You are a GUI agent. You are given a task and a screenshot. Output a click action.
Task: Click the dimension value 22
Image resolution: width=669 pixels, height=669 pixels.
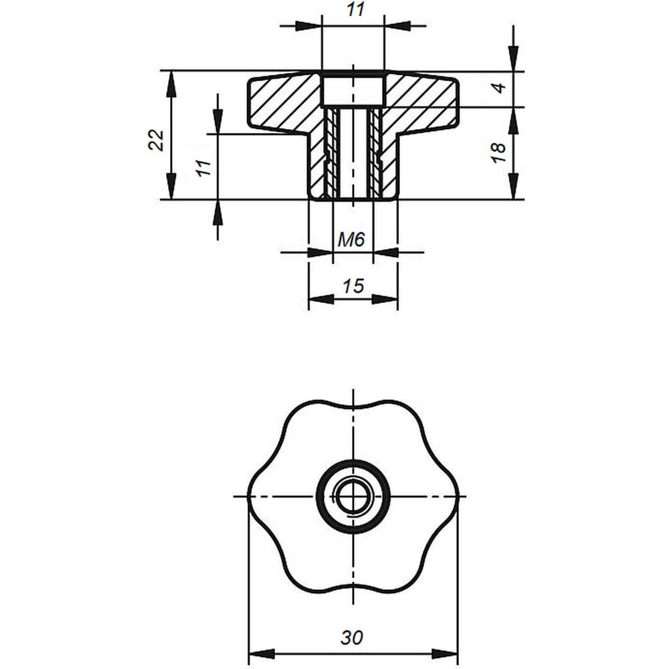click(x=156, y=140)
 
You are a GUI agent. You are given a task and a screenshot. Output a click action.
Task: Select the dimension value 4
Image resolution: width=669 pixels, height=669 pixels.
click(x=500, y=88)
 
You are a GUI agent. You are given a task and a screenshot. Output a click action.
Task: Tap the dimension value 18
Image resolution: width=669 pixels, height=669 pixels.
click(x=498, y=153)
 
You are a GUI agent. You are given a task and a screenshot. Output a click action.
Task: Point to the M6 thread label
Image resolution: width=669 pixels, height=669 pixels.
click(x=351, y=240)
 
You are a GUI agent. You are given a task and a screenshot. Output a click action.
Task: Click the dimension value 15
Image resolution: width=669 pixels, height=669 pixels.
click(x=353, y=286)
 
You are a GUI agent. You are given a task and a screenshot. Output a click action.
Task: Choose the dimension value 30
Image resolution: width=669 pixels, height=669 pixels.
click(x=352, y=638)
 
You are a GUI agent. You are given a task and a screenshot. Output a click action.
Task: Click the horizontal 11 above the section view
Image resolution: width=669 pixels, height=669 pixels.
click(x=355, y=9)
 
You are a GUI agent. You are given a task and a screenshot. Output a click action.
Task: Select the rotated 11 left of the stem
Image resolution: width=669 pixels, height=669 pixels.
click(x=204, y=167)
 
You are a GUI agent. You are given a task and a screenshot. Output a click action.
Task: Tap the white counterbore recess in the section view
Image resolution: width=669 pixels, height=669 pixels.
click(x=353, y=89)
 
